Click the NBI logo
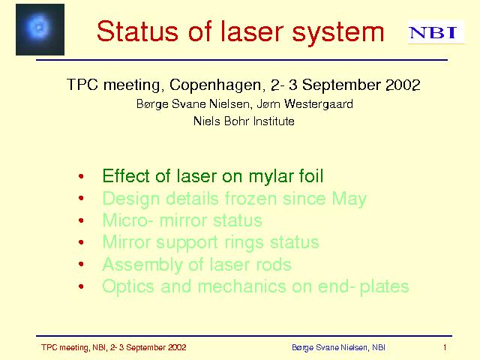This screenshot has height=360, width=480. pos(436,32)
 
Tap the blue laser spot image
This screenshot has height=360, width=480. pos(40,29)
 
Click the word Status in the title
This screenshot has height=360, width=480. pos(137,31)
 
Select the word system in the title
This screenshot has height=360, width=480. pos(338,33)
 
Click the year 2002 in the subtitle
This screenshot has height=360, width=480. pos(403,85)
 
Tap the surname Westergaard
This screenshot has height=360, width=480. pos(319,104)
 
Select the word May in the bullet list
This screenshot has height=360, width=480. pos(349,199)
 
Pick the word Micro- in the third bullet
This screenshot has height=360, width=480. pos(128,220)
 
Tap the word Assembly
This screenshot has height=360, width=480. pos(142,265)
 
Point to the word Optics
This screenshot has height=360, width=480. pos(128,286)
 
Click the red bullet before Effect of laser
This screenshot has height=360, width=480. pos(81,176)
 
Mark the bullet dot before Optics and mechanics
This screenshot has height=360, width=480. pos(81,286)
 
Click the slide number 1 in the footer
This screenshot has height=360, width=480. pos(445,347)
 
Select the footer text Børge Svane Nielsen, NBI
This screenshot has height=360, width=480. pos(338,347)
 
